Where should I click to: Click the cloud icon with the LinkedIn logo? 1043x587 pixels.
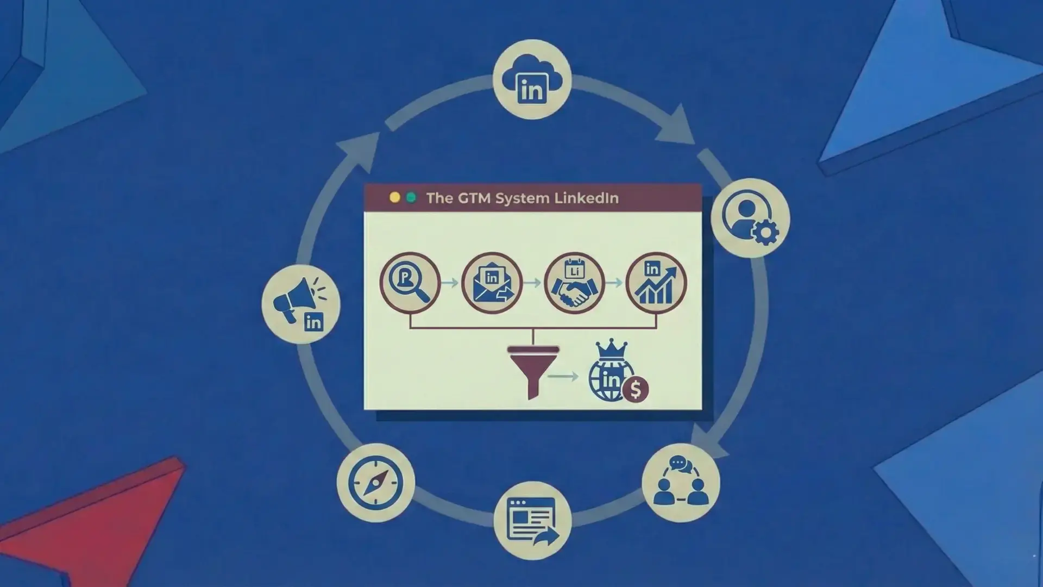tap(532, 79)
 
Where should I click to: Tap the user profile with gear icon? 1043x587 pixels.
tap(750, 217)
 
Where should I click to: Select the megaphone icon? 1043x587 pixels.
tap(301, 304)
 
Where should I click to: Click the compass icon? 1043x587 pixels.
tap(375, 483)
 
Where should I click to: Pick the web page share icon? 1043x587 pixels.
tap(532, 520)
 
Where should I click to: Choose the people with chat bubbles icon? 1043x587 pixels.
tap(681, 483)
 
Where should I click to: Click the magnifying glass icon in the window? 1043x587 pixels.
tap(410, 283)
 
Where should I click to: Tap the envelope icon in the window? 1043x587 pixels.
tap(492, 283)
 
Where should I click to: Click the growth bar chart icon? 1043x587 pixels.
tap(656, 283)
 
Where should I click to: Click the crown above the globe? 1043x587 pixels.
tap(612, 349)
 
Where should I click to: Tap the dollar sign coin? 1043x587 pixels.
tap(636, 389)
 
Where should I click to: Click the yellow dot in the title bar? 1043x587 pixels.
tap(395, 198)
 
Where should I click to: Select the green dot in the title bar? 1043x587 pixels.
tap(411, 198)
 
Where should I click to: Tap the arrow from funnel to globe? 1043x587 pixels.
tap(563, 376)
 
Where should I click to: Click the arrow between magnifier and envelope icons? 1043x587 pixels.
tap(450, 283)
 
